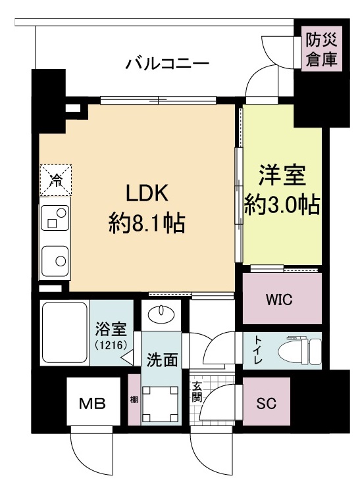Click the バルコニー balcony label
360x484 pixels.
click(167, 64)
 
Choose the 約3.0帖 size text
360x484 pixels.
click(282, 205)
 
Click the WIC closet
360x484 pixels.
click(282, 299)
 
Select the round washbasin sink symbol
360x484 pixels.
click(160, 314)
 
